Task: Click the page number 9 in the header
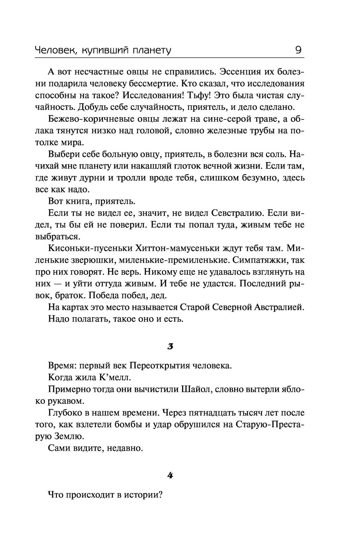[298, 50]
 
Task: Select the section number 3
[171, 347]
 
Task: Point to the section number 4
[171, 475]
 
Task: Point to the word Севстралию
[230, 213]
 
